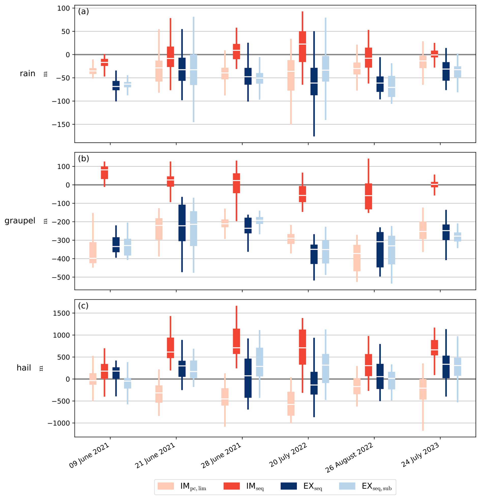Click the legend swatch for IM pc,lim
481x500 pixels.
(x=166, y=486)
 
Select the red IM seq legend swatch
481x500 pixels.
(x=231, y=486)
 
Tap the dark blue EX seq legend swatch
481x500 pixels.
(x=289, y=486)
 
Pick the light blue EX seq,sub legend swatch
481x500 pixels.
(x=347, y=486)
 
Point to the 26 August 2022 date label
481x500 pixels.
(x=349, y=458)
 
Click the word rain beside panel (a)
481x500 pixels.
(x=27, y=73)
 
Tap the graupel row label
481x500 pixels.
(x=20, y=221)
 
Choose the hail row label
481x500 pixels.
(x=24, y=368)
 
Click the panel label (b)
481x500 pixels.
(x=84, y=158)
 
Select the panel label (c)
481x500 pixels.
(x=83, y=306)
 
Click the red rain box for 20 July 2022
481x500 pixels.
(x=303, y=46)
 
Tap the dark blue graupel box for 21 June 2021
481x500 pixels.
(x=182, y=223)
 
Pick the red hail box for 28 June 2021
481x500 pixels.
(x=236, y=341)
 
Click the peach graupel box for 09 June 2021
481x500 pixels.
(x=93, y=253)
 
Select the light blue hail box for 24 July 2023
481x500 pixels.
(x=458, y=367)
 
